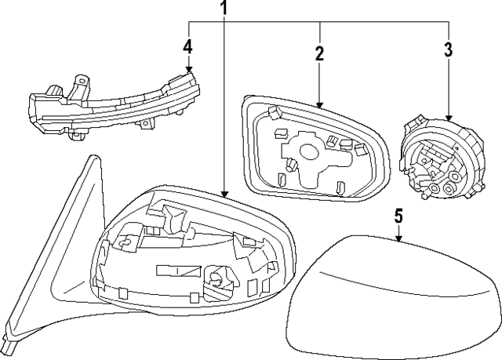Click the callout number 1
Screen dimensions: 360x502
point(224,9)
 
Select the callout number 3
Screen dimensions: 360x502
point(448,51)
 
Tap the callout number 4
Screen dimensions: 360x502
point(187,47)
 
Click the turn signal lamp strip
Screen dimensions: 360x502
point(110,106)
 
